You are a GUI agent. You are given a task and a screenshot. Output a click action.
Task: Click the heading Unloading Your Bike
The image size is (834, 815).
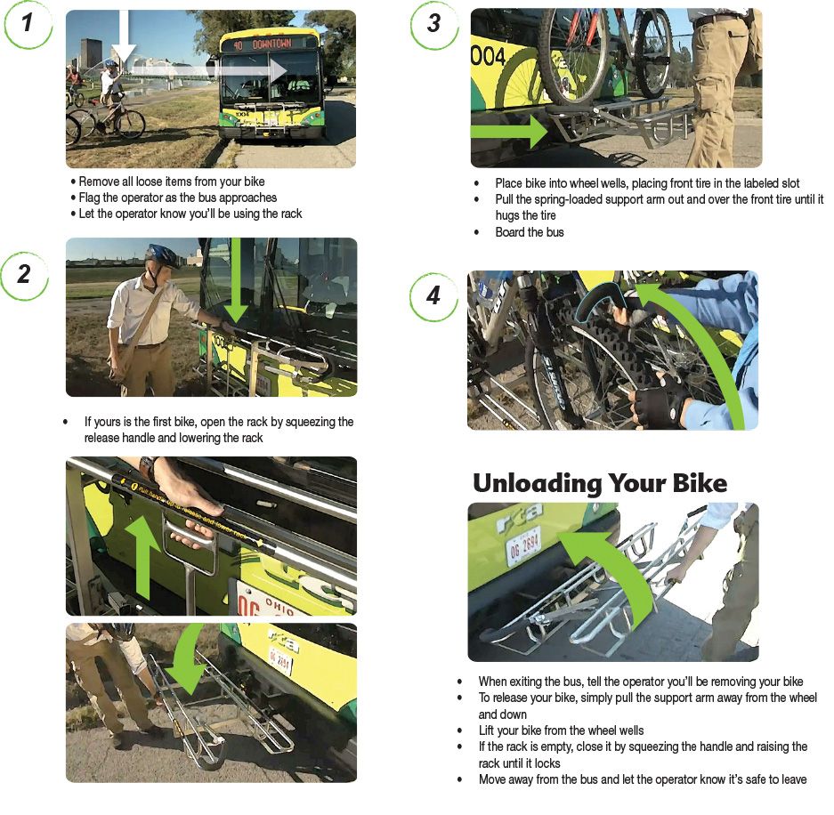click(x=599, y=483)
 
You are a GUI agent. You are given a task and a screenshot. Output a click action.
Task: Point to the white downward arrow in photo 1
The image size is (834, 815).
click(x=123, y=40)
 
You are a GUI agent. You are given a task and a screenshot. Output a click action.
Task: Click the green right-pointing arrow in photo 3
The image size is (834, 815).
click(x=507, y=133)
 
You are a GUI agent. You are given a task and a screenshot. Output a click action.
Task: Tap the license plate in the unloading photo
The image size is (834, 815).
click(x=523, y=545)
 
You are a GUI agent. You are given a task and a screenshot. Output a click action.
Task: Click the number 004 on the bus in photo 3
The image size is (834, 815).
click(x=488, y=57)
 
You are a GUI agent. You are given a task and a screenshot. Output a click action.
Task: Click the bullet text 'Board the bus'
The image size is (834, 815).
click(x=530, y=232)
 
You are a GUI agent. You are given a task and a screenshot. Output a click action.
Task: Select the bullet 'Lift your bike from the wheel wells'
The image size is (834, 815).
click(x=560, y=730)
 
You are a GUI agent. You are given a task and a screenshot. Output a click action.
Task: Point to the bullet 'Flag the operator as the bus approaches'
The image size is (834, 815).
click(x=177, y=198)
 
